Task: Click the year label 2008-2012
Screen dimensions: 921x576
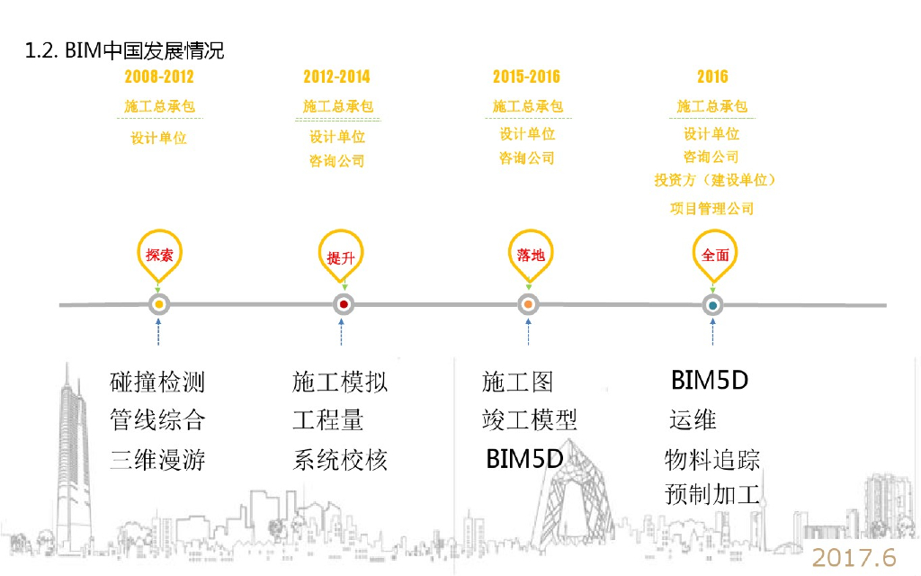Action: tap(159, 76)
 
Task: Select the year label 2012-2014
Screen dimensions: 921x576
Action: tap(336, 76)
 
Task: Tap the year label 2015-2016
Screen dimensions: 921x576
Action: tap(526, 76)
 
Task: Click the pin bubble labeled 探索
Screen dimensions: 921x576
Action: tap(158, 254)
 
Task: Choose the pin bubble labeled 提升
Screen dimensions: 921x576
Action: tap(341, 256)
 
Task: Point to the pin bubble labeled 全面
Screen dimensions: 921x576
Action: tap(714, 254)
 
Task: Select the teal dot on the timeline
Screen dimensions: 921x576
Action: tap(712, 305)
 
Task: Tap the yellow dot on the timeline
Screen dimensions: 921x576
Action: tap(159, 305)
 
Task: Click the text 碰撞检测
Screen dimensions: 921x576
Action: tap(157, 382)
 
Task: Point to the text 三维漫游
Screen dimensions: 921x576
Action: tap(157, 460)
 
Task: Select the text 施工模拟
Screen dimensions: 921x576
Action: tap(340, 382)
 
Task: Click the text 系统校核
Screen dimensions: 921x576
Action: tap(340, 460)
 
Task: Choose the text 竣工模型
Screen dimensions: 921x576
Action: tap(529, 419)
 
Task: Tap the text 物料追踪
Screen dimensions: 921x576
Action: tap(712, 460)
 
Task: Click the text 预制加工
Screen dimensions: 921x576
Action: tap(712, 494)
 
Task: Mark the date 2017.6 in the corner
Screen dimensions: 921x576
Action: tap(854, 557)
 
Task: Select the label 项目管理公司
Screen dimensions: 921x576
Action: tap(711, 209)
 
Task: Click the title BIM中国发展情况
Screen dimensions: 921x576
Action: tap(125, 50)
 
